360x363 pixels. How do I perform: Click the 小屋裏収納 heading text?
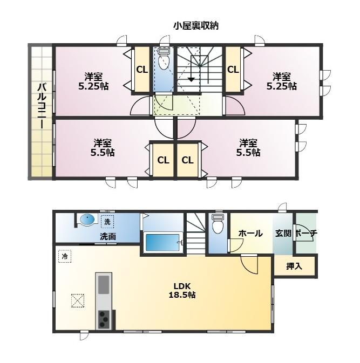196,26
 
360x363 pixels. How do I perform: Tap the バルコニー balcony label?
42,106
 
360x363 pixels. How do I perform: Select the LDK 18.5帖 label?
182,290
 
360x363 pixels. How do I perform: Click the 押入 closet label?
294,266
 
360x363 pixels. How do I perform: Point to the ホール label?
250,234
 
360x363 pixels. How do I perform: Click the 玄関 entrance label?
283,233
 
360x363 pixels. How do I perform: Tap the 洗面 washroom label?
108,236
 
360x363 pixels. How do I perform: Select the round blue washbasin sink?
87,219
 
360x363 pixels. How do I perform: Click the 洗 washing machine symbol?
107,222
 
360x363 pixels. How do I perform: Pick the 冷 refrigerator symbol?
65,256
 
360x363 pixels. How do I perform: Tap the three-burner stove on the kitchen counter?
104,319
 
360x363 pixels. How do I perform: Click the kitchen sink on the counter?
104,284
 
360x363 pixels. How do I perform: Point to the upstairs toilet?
164,59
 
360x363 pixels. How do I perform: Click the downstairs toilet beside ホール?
218,224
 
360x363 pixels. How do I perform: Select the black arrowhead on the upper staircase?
191,80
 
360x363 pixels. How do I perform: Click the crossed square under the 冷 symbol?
78,300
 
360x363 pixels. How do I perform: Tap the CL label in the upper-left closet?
142,70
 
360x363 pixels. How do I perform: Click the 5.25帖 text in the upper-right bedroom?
281,86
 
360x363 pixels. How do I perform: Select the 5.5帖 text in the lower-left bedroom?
103,153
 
